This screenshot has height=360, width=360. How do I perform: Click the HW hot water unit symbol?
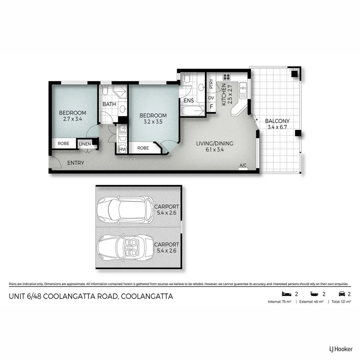point(123,149)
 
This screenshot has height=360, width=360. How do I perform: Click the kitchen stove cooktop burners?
point(227,77)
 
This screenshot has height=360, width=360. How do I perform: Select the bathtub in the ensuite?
point(193,111)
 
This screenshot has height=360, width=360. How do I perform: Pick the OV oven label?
point(211,98)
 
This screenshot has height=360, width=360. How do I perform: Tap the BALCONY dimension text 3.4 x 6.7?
point(277,127)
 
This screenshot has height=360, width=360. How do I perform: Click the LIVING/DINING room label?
point(214,144)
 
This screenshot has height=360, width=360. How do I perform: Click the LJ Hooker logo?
point(339,349)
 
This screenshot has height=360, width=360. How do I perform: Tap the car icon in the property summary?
point(341,294)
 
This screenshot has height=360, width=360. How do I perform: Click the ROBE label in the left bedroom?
point(63,143)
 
